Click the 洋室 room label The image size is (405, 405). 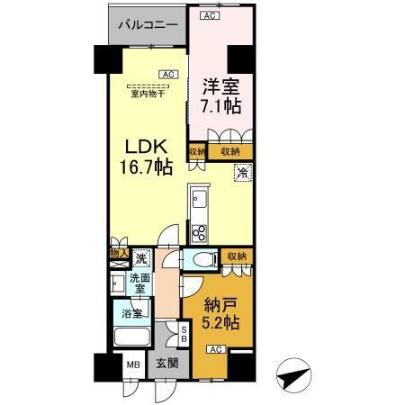point(220,88)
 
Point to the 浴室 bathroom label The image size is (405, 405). point(131,314)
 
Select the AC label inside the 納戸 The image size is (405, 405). point(216,349)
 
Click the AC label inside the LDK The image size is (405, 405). point(168,74)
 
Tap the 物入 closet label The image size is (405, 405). point(118,256)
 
